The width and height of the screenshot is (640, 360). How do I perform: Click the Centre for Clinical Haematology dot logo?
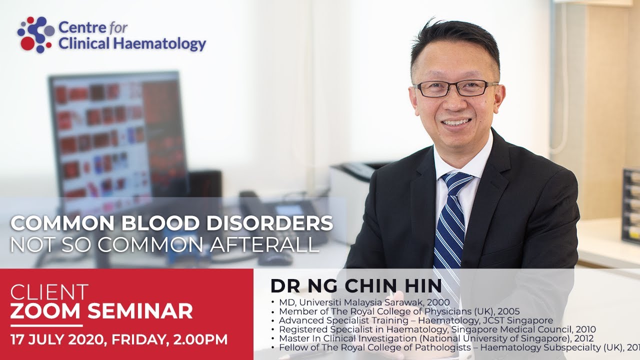35,34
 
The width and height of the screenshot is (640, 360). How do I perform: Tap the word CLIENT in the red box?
49,292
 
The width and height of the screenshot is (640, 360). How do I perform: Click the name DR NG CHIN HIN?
356,285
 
